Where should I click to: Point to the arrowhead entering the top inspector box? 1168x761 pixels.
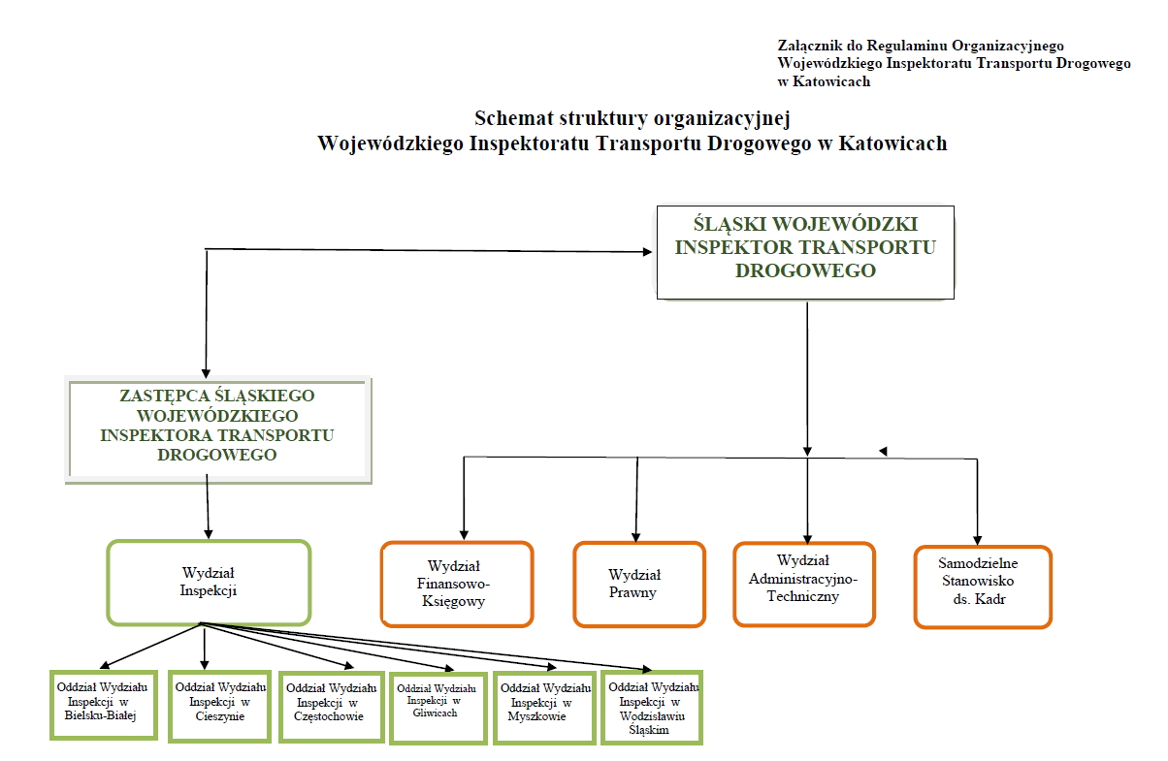[x=648, y=252]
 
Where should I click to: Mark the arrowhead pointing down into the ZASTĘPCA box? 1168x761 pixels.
[x=206, y=374]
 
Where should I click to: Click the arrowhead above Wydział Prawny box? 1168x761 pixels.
[x=635, y=537]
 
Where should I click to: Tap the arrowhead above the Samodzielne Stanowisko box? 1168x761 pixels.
[x=977, y=540]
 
